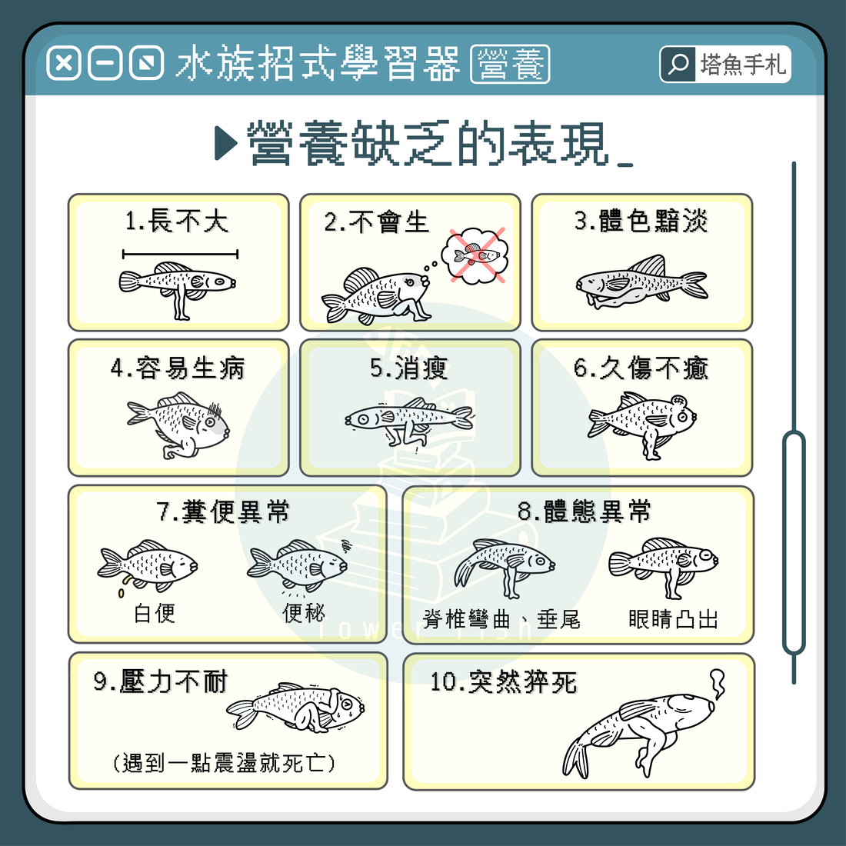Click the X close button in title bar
(x=64, y=63)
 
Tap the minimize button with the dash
(x=105, y=63)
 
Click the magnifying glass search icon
(x=678, y=64)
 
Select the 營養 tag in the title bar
(x=510, y=64)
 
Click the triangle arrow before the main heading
(x=225, y=143)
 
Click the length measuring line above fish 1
(x=180, y=254)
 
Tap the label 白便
(x=155, y=613)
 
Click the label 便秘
(x=304, y=613)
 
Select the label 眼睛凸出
(x=673, y=619)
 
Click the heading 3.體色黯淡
(x=641, y=221)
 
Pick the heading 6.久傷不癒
(x=641, y=368)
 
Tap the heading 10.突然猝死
(x=504, y=682)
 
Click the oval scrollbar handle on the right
(x=794, y=543)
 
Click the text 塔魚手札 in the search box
(x=743, y=65)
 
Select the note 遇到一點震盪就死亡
(x=224, y=763)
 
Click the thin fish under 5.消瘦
(x=409, y=421)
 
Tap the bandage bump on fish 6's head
(x=678, y=401)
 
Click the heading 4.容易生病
(x=178, y=368)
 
